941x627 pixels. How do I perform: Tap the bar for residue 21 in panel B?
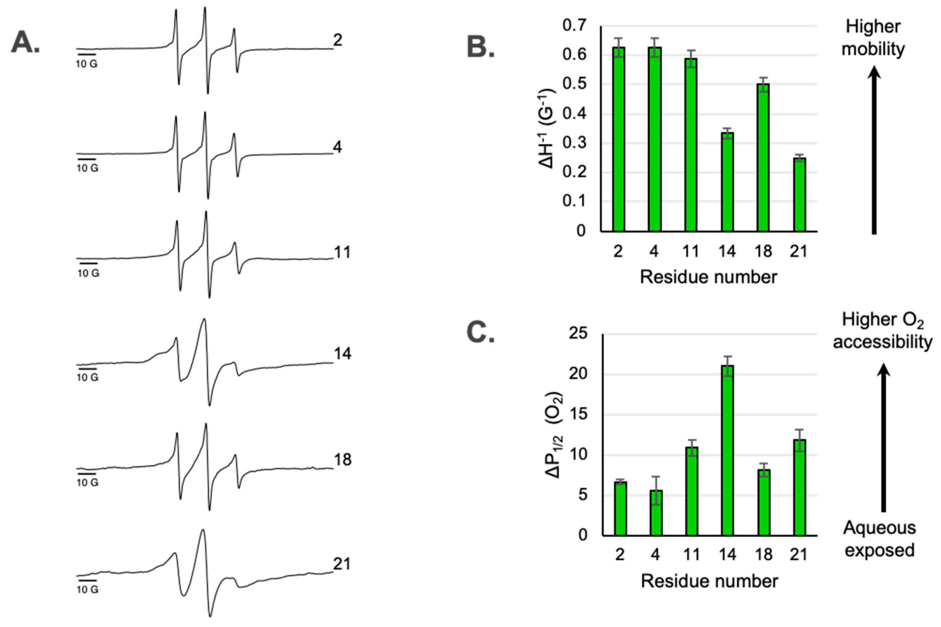point(799,195)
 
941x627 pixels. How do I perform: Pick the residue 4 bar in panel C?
point(656,512)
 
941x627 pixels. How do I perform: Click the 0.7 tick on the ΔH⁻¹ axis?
point(574,26)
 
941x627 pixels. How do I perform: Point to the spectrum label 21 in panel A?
point(342,564)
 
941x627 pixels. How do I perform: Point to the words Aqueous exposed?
point(880,539)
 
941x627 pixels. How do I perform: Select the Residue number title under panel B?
point(708,277)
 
